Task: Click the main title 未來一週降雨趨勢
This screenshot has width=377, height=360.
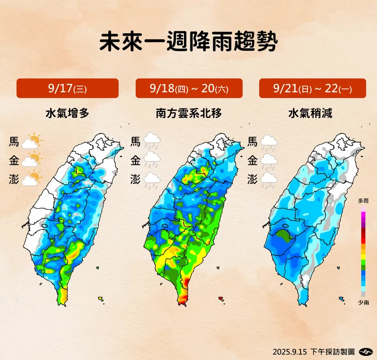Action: [188, 42]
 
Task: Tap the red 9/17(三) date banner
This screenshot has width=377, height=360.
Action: [67, 88]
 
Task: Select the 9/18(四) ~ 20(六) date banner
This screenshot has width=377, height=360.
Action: [189, 88]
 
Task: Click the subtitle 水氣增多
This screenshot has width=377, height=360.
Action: [67, 113]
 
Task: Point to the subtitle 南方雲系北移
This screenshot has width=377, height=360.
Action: [189, 113]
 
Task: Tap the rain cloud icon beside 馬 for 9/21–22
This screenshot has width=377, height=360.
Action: [269, 142]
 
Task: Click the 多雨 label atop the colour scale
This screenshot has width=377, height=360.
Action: [363, 201]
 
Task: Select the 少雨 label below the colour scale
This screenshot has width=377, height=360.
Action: [363, 302]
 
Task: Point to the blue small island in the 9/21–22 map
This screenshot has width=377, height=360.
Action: [342, 299]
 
